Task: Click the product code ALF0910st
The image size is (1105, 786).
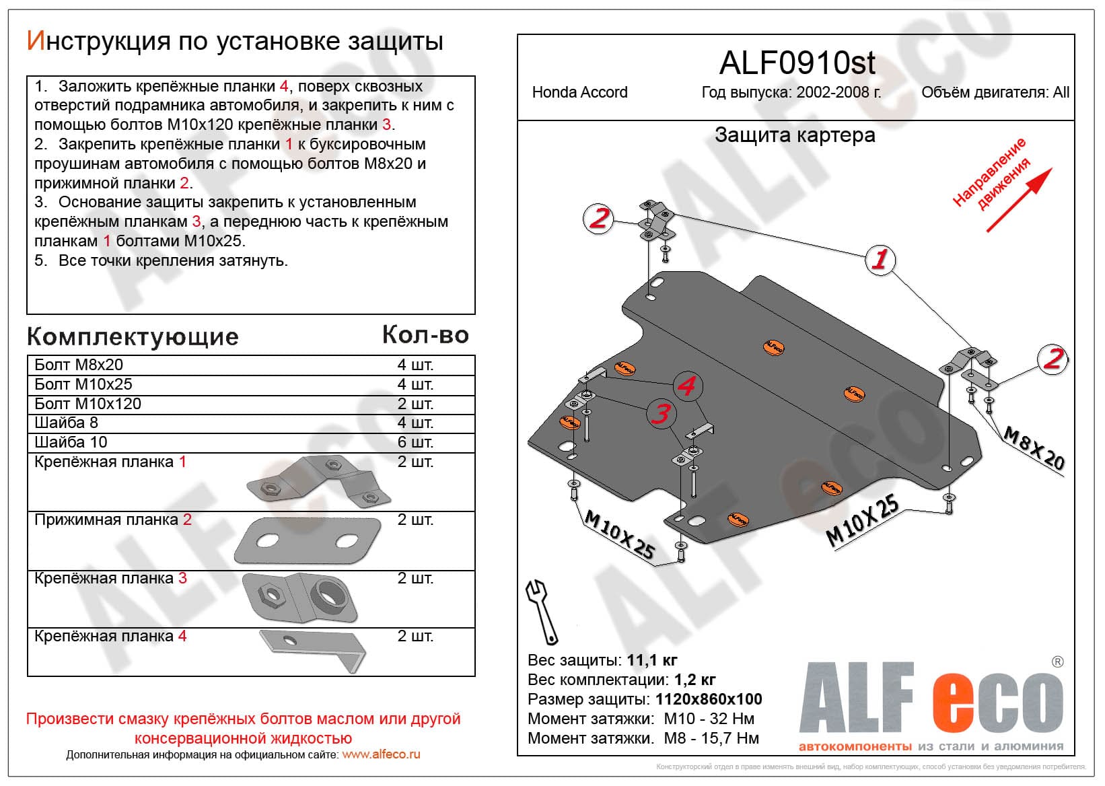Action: pos(797,63)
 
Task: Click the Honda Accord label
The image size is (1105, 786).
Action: pos(579,92)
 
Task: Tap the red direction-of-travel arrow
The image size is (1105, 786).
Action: pos(1019,200)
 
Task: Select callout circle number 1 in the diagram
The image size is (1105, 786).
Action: pos(880,260)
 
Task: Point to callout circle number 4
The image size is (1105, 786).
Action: pos(687,386)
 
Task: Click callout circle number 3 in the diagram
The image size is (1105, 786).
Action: pos(661,413)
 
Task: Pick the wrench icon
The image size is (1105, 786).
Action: pos(542,612)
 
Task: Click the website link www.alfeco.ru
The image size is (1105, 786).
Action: pos(381,754)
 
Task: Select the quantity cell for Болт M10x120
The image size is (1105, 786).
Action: pos(415,404)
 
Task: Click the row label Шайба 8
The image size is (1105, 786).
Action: pos(66,423)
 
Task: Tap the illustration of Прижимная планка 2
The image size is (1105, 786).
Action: pos(308,541)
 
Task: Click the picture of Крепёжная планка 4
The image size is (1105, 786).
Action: pos(313,650)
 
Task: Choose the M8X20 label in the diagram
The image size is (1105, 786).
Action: pos(1034,448)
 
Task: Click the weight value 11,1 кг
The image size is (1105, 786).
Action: pos(652,660)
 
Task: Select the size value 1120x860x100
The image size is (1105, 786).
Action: pos(709,699)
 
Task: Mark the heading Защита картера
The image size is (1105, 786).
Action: pos(795,135)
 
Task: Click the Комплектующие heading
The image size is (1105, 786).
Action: pos(133,336)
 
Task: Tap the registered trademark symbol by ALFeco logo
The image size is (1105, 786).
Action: pos(1057,662)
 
